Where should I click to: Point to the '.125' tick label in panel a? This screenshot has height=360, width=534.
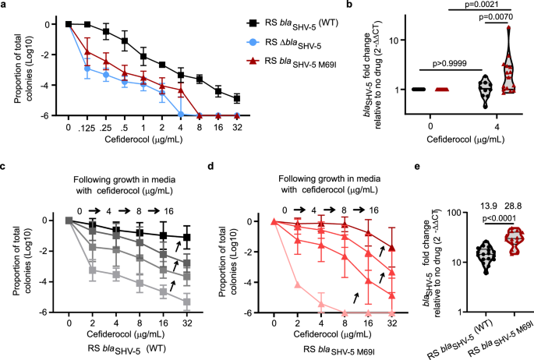pos(90,128)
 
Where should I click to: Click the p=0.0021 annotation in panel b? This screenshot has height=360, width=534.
pos(462,6)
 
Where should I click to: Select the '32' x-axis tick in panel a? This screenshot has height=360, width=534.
pos(236,128)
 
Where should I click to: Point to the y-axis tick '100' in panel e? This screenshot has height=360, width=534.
pos(433,208)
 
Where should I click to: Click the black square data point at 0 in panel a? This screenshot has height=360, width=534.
pos(69,24)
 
